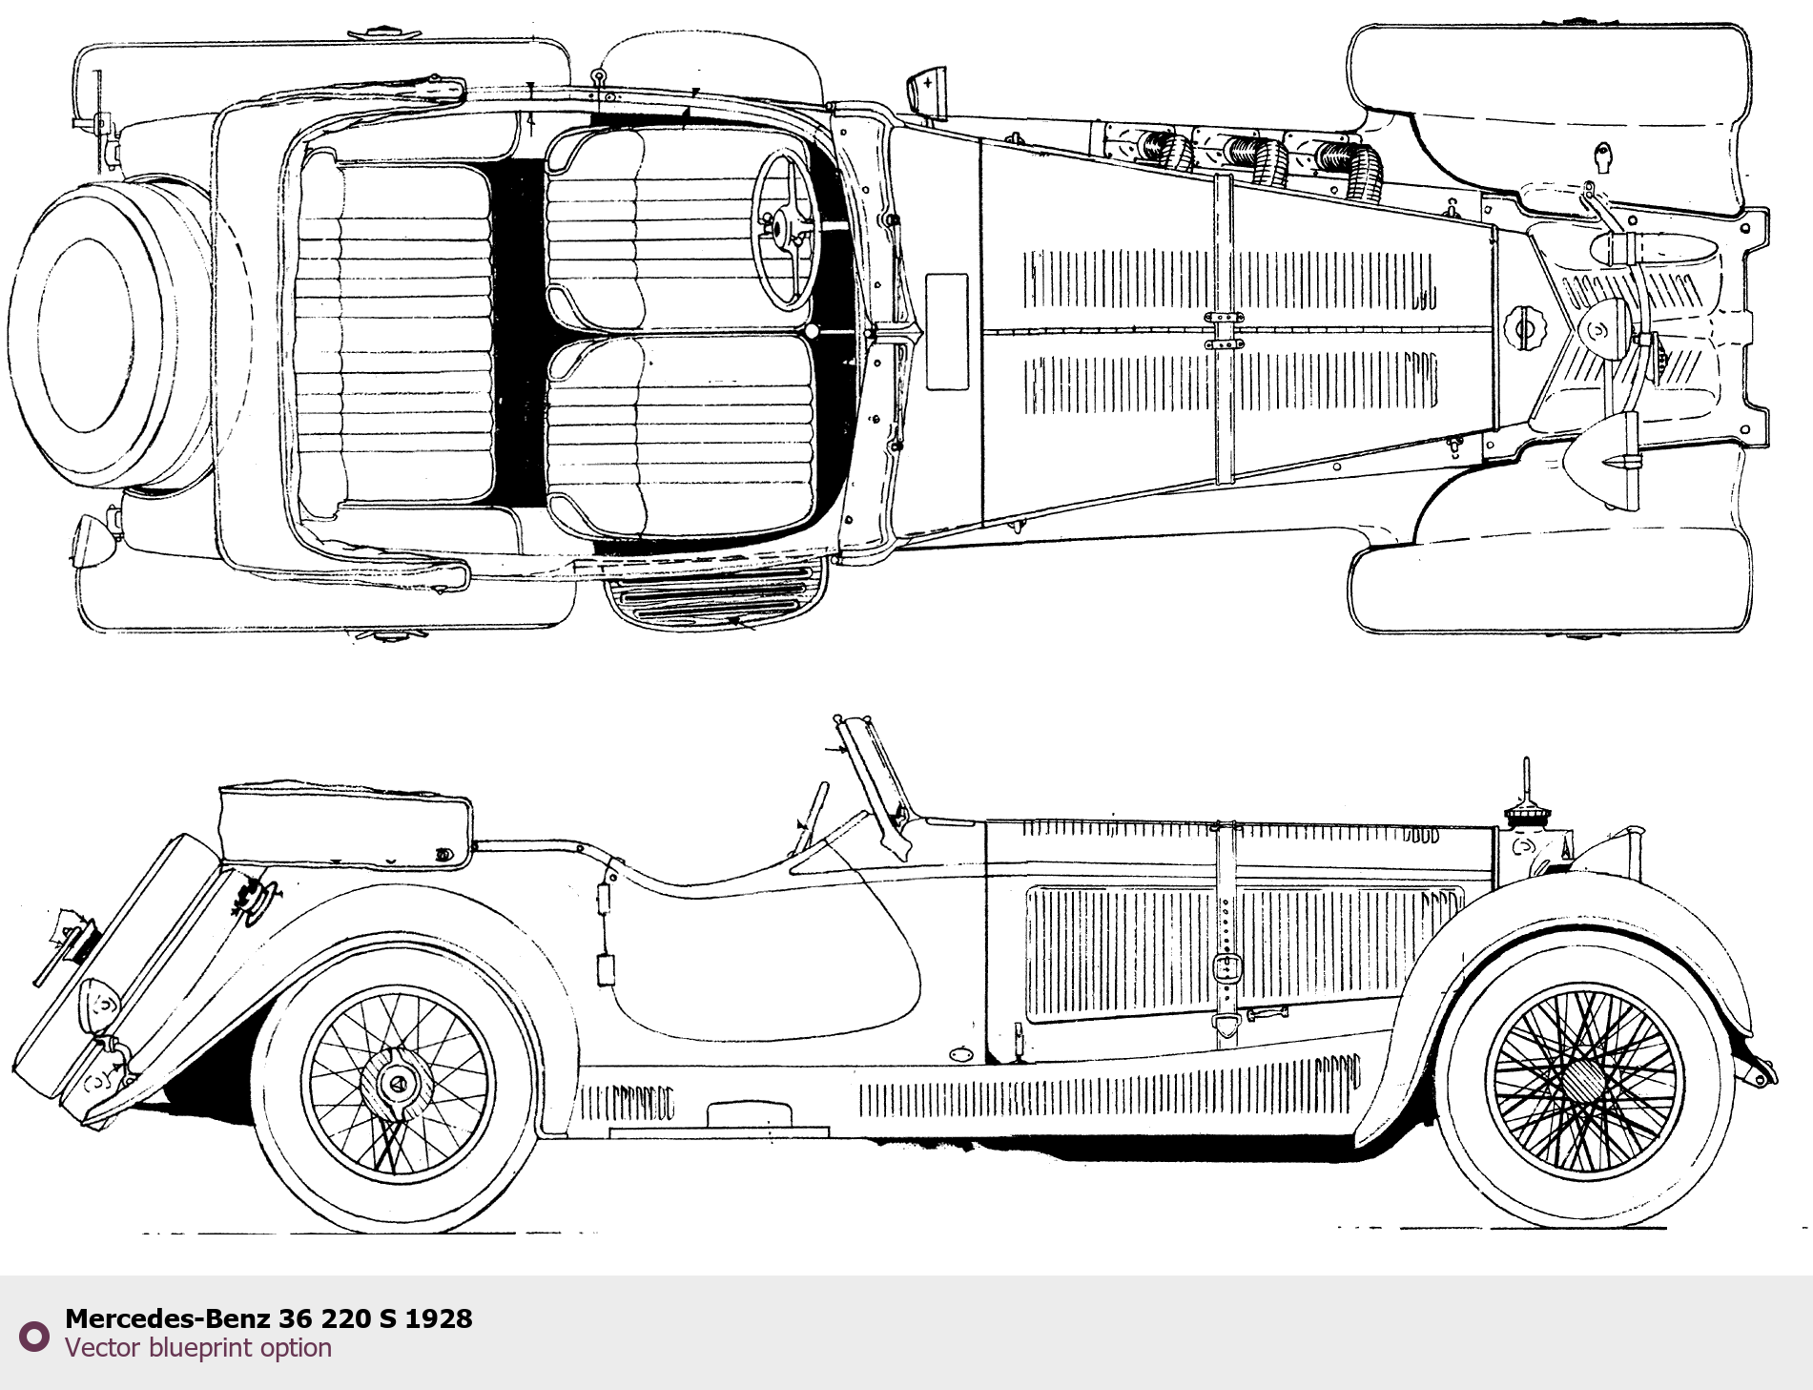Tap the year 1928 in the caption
[x=439, y=1318]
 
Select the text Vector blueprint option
[x=198, y=1348]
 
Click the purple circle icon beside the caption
[x=34, y=1336]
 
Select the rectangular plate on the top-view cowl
[x=947, y=331]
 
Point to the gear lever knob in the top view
[x=812, y=331]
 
